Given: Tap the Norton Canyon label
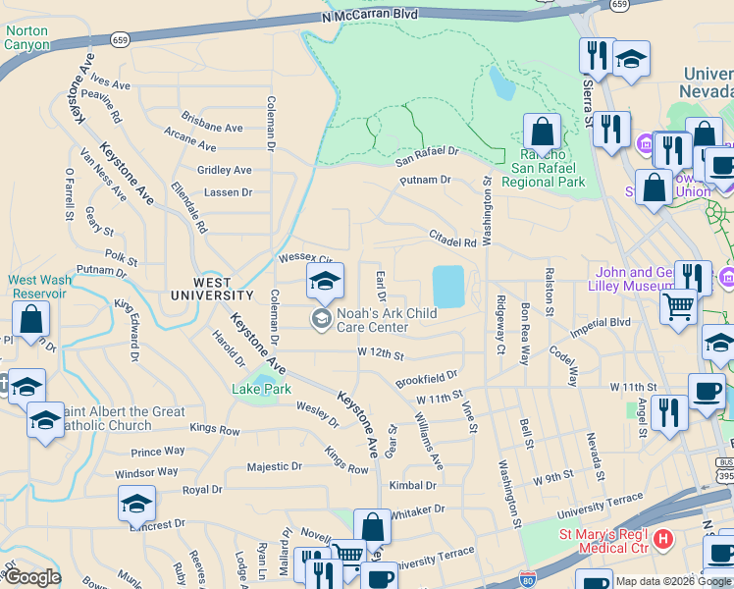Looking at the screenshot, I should point(26,37).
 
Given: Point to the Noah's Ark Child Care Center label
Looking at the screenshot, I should point(386,320).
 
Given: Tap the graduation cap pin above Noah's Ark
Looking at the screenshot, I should point(325,282).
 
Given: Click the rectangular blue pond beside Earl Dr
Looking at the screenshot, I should point(448,286).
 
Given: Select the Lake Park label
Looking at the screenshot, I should point(263,389).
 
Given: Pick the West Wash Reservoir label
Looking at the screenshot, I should point(40,287).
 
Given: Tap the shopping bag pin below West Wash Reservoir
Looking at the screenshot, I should point(31,320).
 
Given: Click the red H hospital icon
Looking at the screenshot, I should point(663,539).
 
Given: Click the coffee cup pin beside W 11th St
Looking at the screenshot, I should point(707,392).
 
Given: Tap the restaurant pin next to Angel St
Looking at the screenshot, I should point(669,413).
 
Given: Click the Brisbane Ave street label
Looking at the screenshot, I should point(212,128).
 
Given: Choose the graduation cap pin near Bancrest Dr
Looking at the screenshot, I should point(136,506).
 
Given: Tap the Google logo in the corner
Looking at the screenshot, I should point(32,577).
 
